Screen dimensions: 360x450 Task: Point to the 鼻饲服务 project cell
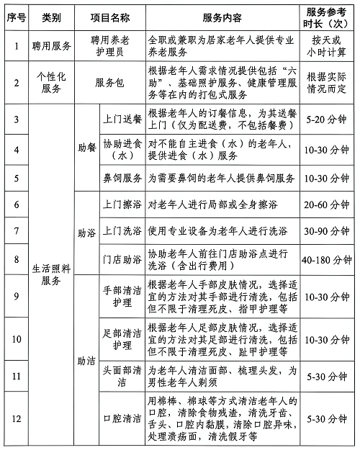tap(122, 177)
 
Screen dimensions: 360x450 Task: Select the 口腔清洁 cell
tap(122, 417)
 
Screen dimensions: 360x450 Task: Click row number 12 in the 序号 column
tap(14, 417)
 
